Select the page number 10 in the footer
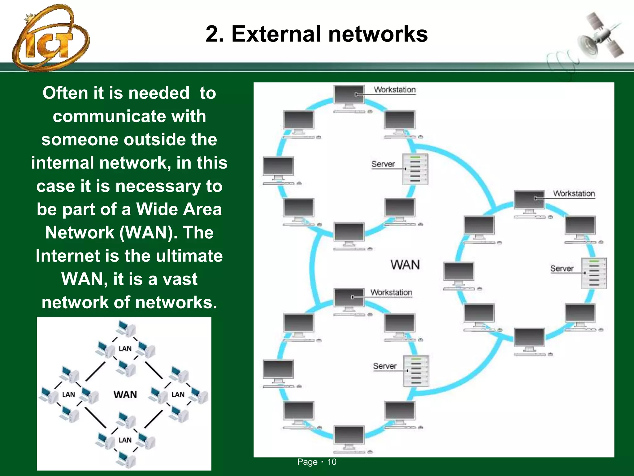pos(332,462)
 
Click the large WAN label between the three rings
pos(405,265)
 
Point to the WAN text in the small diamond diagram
pos(125,394)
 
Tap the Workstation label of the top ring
pos(394,90)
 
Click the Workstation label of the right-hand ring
pos(574,194)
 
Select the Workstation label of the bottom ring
pos(391,293)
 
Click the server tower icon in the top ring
pos(415,169)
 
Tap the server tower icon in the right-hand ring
pos(594,273)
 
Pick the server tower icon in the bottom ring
pos(416,371)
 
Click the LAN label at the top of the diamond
pos(125,349)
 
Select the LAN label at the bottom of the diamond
pos(125,440)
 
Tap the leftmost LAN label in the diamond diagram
pos(68,394)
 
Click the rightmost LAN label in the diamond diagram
pos(178,394)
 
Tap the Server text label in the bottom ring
pos(384,366)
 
